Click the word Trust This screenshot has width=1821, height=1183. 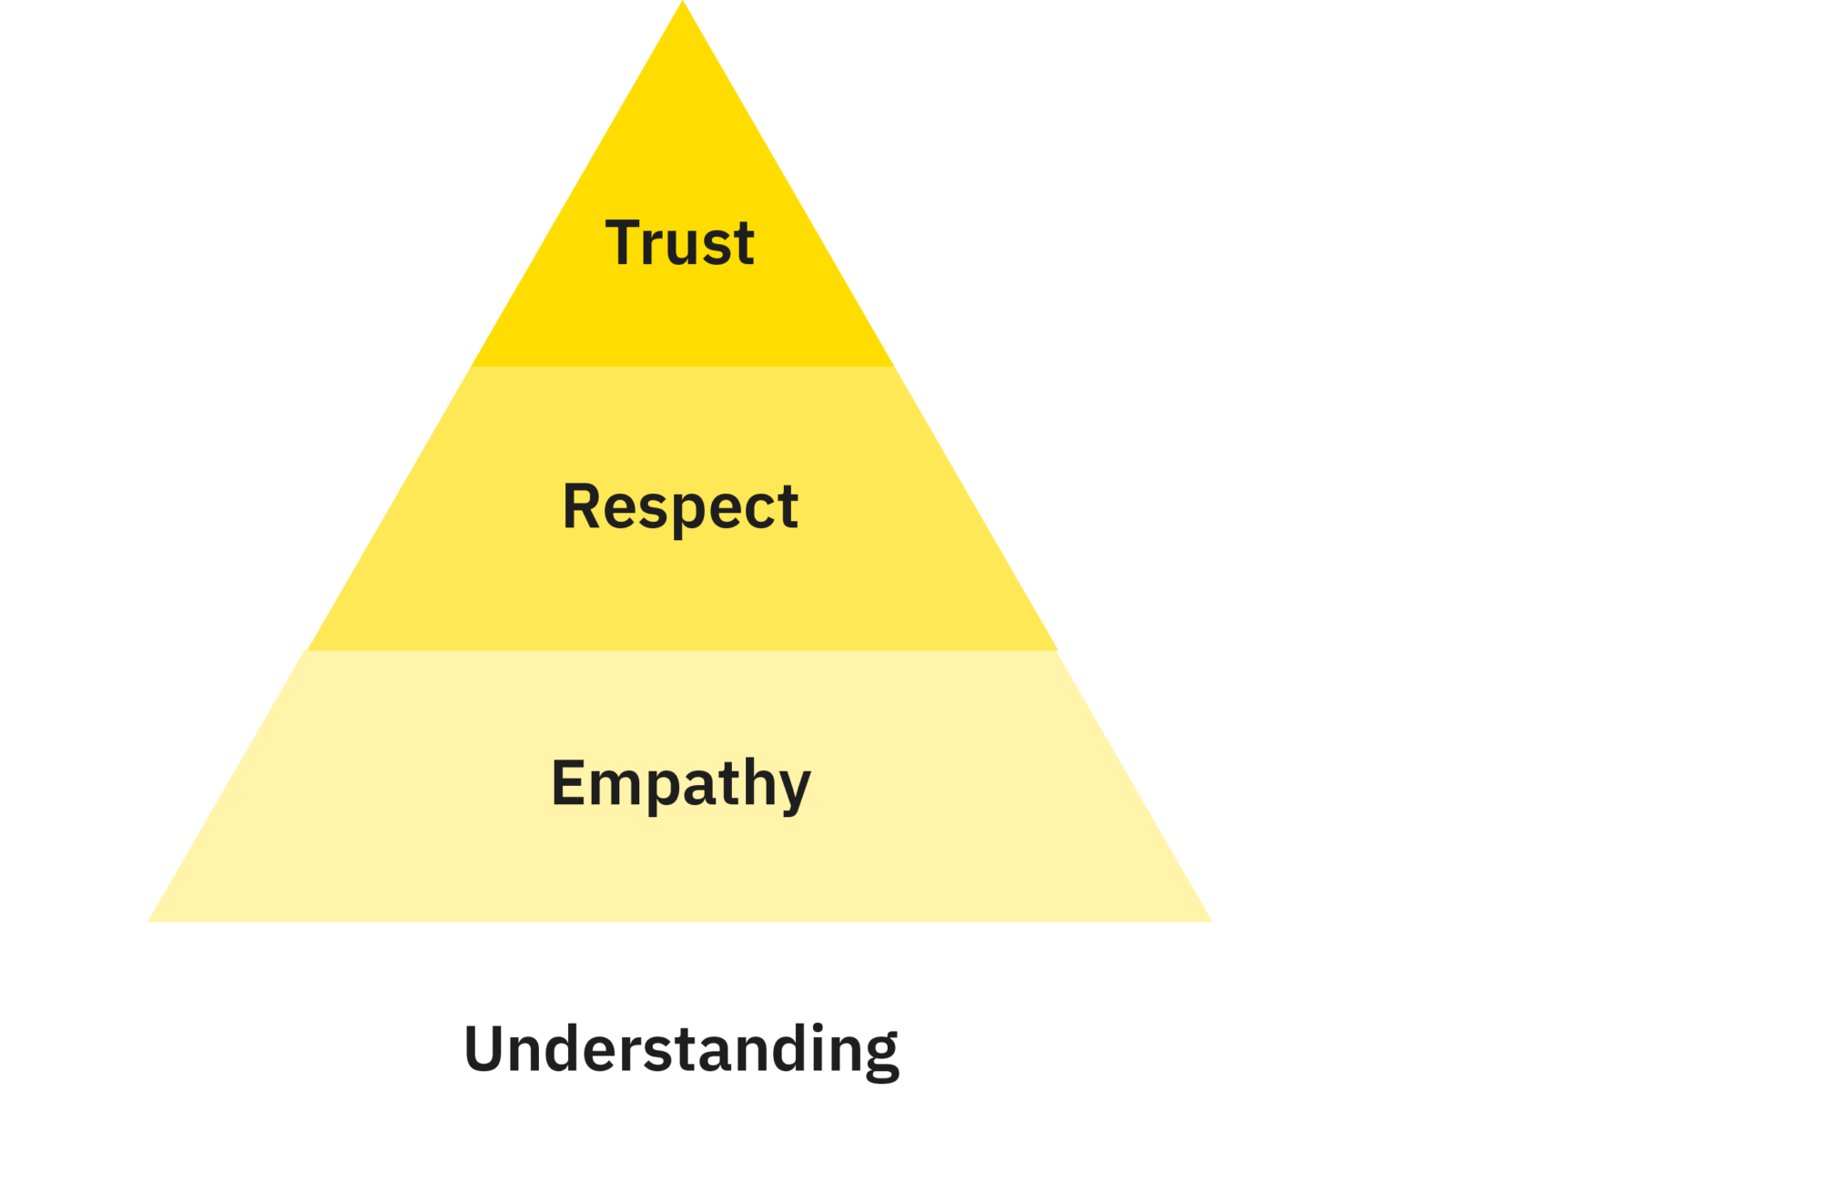pos(680,243)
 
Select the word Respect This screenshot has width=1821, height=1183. pos(680,507)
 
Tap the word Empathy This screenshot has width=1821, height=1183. pos(680,784)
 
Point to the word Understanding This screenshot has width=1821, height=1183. pos(681,1049)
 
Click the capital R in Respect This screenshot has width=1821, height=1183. pos(583,506)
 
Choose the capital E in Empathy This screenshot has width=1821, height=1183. pos(569,783)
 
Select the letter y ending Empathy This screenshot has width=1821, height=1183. pos(792,789)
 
